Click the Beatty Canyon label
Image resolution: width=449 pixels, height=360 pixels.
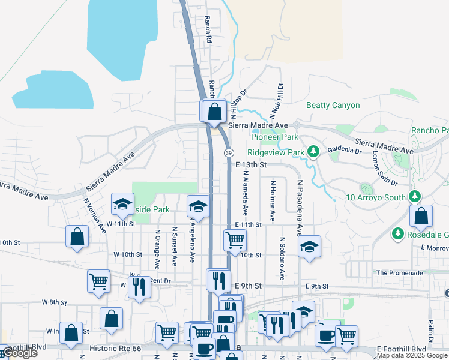point(333,106)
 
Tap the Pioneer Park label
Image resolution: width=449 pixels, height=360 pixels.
point(274,137)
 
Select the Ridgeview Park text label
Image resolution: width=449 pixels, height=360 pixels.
point(277,152)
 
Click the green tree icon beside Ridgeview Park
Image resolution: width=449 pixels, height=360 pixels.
point(312,151)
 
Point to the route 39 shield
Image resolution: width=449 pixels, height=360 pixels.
point(229,153)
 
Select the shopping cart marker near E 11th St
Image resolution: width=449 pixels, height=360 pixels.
point(235,240)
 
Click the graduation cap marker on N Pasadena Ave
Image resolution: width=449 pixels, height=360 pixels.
point(309,246)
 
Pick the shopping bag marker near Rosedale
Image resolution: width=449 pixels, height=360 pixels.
point(422,216)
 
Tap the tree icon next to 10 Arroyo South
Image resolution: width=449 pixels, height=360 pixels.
point(414,197)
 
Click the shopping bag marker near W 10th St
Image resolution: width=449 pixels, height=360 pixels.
point(77,236)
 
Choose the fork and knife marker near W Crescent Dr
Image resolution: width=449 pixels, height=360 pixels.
point(139,286)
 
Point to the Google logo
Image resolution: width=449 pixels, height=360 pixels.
point(19,353)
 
